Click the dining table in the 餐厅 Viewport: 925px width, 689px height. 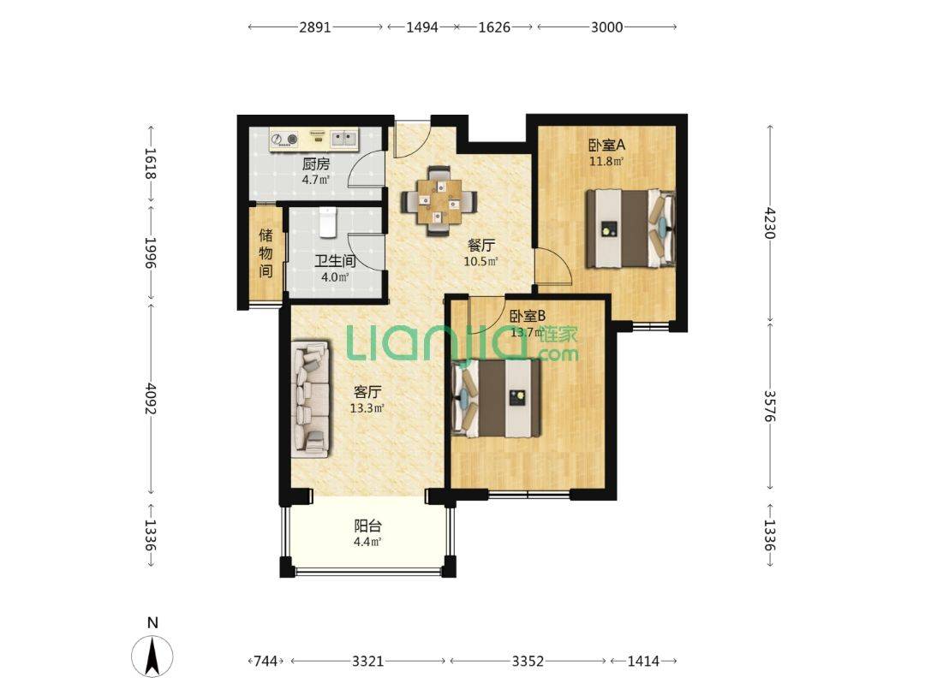439,202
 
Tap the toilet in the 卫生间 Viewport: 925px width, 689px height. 327,223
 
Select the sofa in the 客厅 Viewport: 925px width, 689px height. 311,398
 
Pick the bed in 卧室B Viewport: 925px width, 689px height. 496,398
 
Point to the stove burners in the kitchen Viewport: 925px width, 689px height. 284,140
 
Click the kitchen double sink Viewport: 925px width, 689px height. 343,140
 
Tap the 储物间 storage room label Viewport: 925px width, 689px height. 266,253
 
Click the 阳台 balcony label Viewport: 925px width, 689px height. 367,526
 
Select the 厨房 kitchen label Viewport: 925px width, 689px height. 315,163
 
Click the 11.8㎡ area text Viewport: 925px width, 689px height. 606,161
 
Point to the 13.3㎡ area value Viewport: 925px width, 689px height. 367,408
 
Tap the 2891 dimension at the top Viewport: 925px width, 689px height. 315,27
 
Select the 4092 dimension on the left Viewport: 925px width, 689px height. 152,399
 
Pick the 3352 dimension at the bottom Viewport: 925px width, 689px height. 528,662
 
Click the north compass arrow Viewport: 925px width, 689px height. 152,656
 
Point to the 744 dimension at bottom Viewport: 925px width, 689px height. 266,662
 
